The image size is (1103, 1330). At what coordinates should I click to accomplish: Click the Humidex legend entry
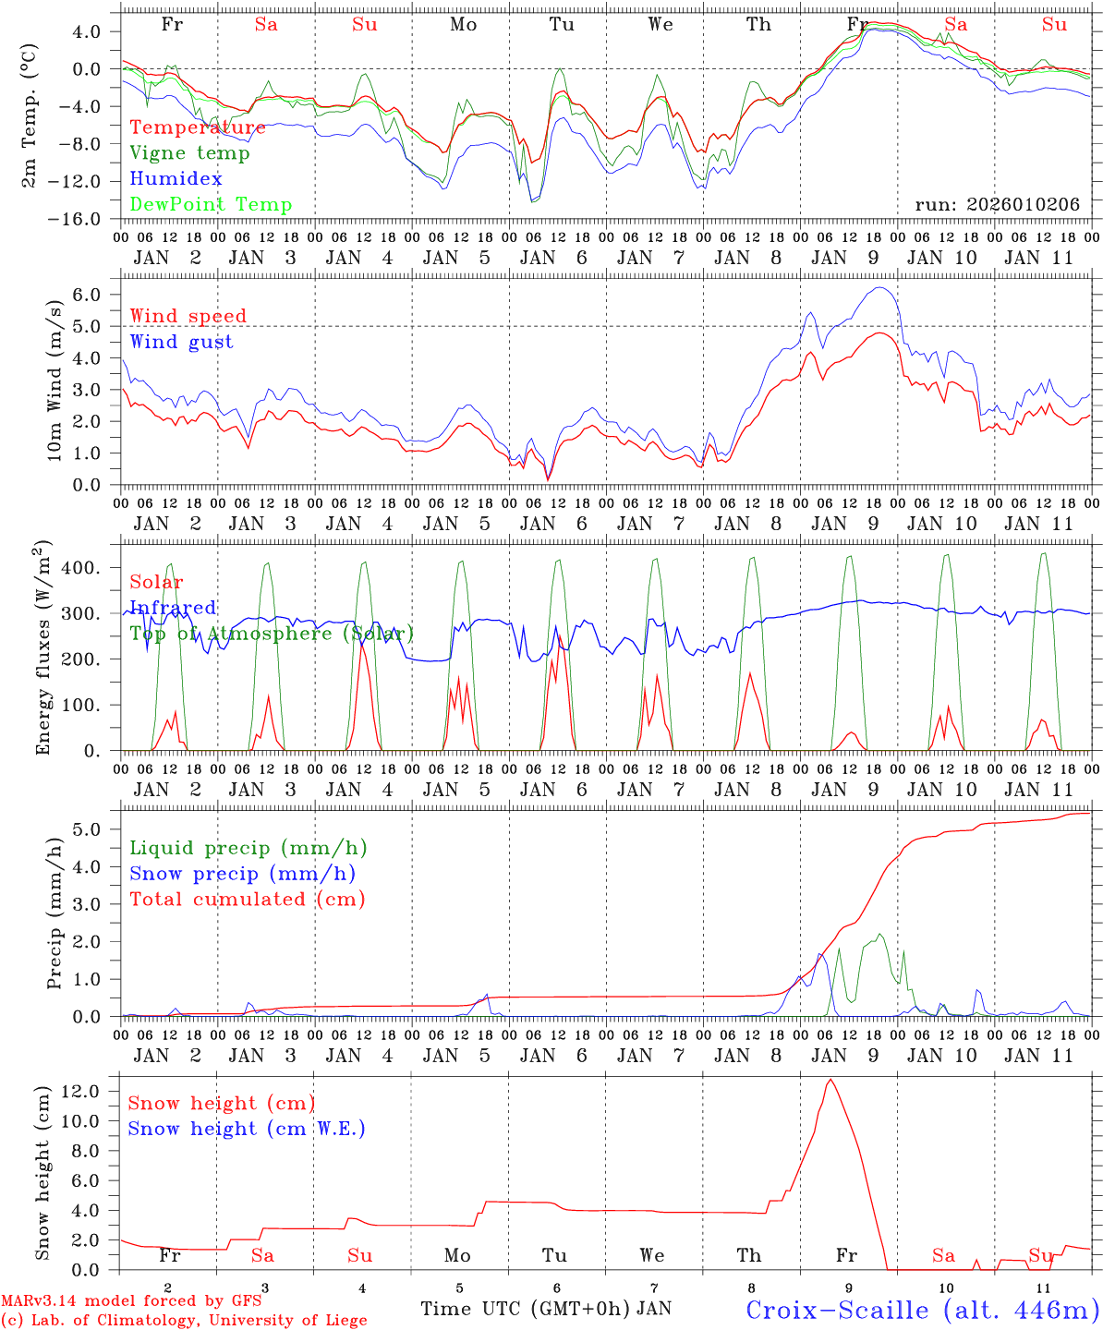(x=176, y=179)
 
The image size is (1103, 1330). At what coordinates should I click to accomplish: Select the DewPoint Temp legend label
(x=211, y=205)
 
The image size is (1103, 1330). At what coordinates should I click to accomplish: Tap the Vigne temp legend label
(x=189, y=153)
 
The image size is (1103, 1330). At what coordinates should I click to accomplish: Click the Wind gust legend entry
(x=181, y=342)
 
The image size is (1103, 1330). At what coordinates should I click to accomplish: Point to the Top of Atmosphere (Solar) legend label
(x=272, y=634)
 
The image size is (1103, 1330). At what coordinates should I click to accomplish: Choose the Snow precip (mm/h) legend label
(x=242, y=874)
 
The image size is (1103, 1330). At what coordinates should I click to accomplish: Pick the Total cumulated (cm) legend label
(x=247, y=899)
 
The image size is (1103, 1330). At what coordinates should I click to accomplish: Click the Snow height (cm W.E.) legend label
(x=246, y=1129)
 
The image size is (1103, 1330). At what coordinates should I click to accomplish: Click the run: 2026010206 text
(x=997, y=205)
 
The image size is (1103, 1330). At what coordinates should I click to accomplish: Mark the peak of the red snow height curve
(x=830, y=1079)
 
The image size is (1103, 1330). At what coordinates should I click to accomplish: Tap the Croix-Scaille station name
(x=922, y=1310)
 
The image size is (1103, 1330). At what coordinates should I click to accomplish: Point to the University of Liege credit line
(x=184, y=1320)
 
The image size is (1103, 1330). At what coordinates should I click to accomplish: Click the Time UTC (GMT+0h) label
(x=527, y=1309)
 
